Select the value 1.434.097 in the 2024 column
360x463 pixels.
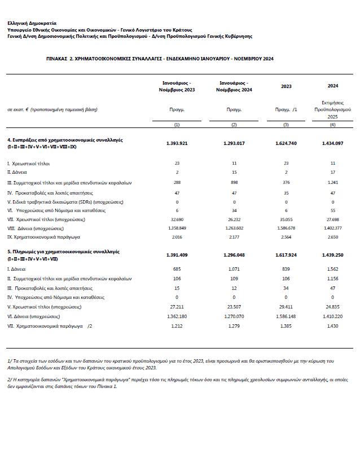coord(332,143)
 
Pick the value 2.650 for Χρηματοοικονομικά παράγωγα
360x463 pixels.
coord(332,238)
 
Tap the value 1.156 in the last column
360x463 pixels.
coord(332,279)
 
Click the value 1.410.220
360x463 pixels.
coord(332,316)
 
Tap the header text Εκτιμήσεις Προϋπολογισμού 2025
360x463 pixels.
coord(332,110)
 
